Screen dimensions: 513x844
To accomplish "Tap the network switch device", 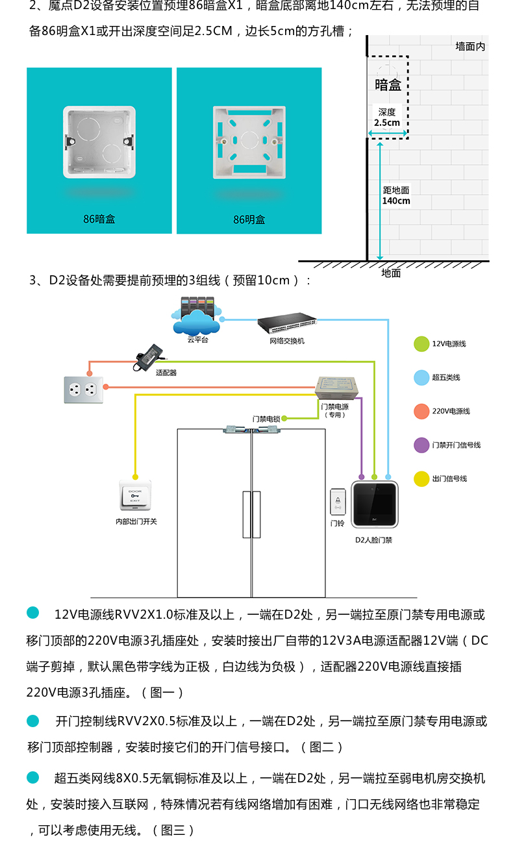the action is click(287, 323).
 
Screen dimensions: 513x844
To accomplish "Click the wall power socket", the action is click(84, 390).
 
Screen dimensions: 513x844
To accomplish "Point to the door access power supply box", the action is click(336, 388).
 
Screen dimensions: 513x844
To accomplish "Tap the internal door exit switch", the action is click(135, 495).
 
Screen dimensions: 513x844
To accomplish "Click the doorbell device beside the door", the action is click(338, 501).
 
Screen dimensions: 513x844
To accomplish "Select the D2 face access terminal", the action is click(375, 504).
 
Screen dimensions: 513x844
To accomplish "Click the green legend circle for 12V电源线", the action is click(421, 343).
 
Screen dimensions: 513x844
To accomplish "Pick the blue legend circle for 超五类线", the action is click(421, 378).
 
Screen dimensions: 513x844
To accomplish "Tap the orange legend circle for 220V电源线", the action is click(421, 411).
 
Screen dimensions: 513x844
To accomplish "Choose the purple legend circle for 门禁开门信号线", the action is click(421, 445).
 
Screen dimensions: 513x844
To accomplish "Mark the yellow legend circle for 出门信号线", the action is click(421, 478).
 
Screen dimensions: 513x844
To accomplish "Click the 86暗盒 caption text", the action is click(99, 219).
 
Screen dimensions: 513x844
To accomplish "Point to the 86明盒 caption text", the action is click(249, 219).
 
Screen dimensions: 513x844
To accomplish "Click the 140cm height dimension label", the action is click(396, 201).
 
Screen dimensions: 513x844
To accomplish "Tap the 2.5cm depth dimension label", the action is click(387, 123).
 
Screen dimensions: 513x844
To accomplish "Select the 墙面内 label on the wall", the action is click(470, 46).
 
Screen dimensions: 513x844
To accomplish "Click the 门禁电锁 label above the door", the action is click(266, 419).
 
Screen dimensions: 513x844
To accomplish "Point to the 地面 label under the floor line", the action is click(391, 273).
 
